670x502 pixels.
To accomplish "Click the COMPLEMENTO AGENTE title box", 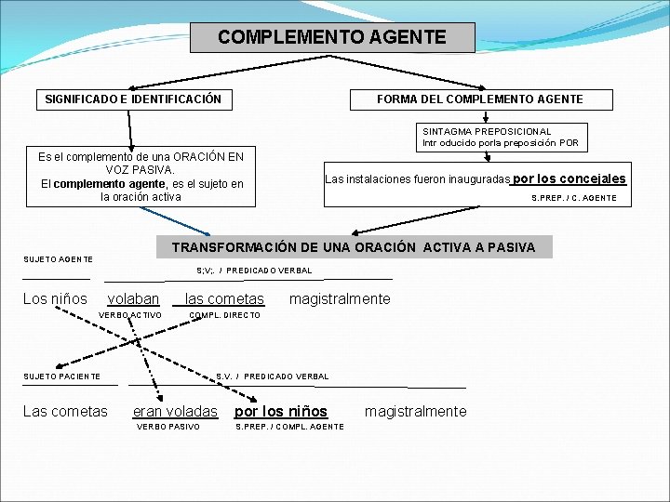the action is pos(332,38).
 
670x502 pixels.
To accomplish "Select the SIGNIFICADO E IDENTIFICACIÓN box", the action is pos(133,99).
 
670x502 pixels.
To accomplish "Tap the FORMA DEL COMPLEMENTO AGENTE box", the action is pos(479,99).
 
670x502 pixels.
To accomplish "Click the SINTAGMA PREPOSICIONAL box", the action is pos(501,138).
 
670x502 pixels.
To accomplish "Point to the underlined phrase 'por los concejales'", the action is pos(569,178).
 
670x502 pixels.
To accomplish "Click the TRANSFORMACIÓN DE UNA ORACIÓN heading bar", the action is pos(354,247).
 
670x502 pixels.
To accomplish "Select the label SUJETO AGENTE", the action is pos(58,258).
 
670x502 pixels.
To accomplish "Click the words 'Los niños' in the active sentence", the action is pos(55,298).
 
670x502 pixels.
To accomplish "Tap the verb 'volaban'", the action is pos(133,298).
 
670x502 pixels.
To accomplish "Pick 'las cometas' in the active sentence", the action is pos(224,298).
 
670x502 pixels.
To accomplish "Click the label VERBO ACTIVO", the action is pos(129,315).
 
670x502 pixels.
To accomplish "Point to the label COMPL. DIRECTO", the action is pos(224,315).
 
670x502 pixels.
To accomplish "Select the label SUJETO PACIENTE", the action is pos(61,376).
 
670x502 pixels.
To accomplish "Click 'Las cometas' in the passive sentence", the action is pos(65,411).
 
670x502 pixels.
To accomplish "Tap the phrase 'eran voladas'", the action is pos(175,411).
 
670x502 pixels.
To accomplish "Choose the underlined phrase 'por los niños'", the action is pos(281,411).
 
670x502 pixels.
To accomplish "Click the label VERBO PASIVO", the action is pos(168,427).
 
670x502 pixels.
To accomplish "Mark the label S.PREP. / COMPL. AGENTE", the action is pos(289,427).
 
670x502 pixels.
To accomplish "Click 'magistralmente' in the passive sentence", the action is pos(415,411).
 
